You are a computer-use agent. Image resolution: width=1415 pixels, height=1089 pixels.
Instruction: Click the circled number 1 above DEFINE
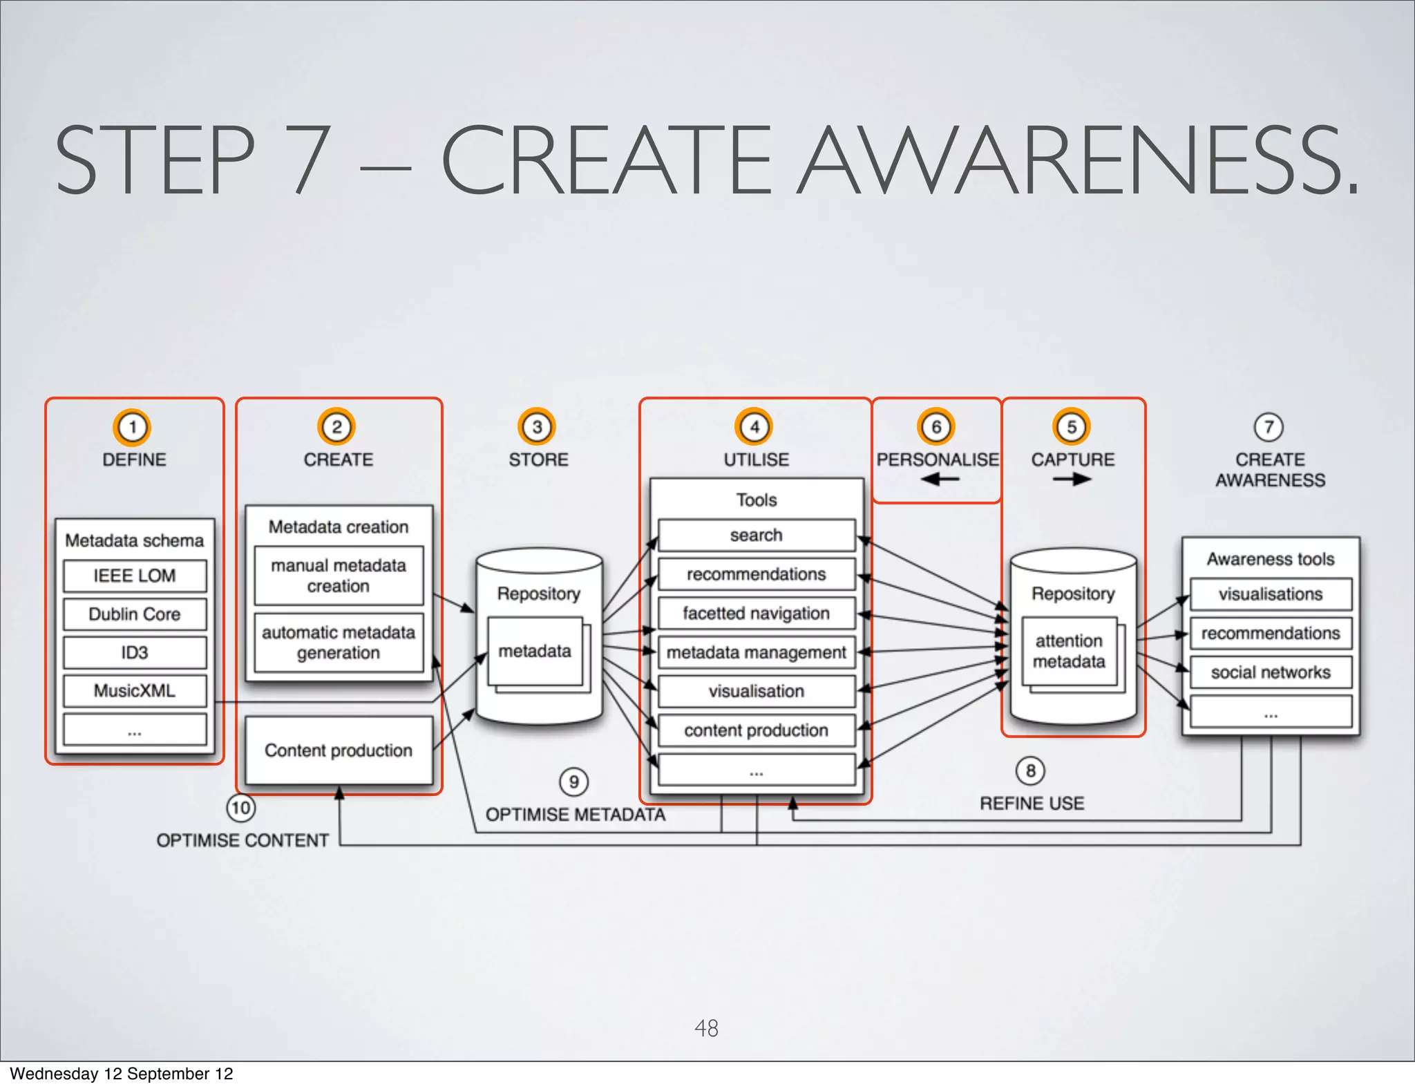tap(132, 427)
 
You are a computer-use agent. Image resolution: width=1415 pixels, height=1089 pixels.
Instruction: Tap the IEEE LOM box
tap(135, 576)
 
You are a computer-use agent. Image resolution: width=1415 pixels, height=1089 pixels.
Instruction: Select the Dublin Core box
tap(135, 614)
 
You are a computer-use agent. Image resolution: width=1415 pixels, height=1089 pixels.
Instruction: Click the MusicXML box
tap(135, 690)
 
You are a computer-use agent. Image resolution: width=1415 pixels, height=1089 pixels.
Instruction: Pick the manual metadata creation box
tap(339, 576)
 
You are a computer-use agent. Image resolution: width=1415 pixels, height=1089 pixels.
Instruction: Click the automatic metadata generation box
tap(339, 643)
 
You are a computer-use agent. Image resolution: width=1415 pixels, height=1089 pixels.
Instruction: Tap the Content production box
tap(339, 750)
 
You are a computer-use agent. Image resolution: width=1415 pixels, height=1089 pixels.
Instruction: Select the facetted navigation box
tap(756, 613)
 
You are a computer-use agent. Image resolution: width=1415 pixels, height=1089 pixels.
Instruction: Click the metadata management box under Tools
tap(756, 652)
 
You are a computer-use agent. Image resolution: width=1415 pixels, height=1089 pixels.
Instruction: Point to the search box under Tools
tap(756, 535)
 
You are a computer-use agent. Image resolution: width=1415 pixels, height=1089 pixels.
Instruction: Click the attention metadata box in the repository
tap(1069, 651)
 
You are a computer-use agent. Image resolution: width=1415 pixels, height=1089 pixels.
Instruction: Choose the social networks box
tap(1271, 672)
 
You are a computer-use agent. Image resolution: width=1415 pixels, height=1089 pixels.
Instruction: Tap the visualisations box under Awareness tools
tap(1271, 594)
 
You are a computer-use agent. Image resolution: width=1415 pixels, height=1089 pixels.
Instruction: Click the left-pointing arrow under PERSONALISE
tap(939, 479)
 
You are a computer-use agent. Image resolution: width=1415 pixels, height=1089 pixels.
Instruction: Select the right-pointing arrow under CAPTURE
tap(1072, 480)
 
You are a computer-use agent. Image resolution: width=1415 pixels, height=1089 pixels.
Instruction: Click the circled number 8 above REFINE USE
tap(1030, 770)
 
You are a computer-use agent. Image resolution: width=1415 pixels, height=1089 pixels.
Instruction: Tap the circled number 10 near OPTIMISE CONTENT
tap(240, 808)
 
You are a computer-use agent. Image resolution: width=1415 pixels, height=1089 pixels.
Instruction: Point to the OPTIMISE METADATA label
tap(575, 815)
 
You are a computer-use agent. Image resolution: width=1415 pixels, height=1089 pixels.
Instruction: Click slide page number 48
tap(706, 1028)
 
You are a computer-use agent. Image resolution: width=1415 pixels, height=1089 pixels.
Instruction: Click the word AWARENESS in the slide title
tap(1078, 160)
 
